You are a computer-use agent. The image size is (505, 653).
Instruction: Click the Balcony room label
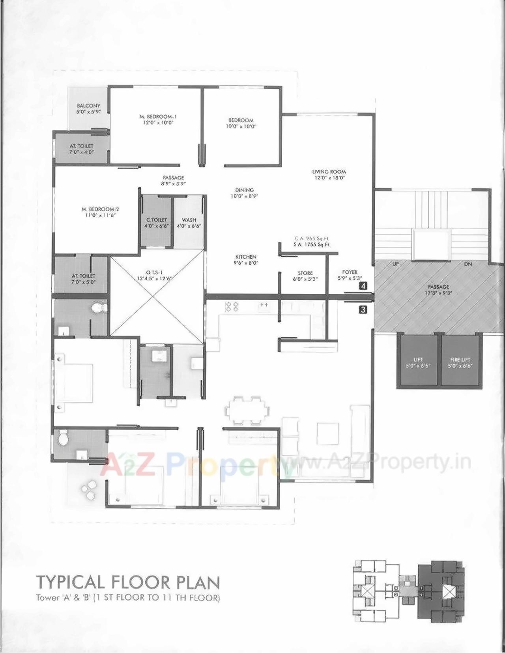[88, 106]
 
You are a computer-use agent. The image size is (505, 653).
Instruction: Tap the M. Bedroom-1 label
[158, 117]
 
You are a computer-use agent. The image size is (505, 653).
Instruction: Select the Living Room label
[329, 172]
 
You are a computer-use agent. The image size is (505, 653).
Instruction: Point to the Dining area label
[244, 190]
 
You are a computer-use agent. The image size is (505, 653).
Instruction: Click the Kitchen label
[246, 257]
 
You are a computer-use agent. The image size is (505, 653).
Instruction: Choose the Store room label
[305, 273]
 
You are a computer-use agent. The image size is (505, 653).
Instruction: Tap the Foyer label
[350, 272]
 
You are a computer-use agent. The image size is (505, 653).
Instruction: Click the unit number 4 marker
[363, 286]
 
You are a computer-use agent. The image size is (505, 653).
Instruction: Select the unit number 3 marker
[363, 310]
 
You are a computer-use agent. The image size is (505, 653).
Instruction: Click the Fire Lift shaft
[460, 360]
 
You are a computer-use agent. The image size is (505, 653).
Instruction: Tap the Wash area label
[189, 220]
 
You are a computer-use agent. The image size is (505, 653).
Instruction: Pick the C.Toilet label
[157, 220]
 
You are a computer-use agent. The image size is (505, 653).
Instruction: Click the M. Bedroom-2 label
[100, 209]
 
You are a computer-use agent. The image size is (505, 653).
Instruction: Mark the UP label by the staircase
[395, 264]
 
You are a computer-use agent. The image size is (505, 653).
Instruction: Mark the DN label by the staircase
[468, 264]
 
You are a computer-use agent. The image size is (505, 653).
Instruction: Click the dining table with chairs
[248, 410]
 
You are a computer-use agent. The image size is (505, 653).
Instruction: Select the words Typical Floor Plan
[128, 582]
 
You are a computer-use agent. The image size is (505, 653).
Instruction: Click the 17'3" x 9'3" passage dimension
[438, 293]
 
